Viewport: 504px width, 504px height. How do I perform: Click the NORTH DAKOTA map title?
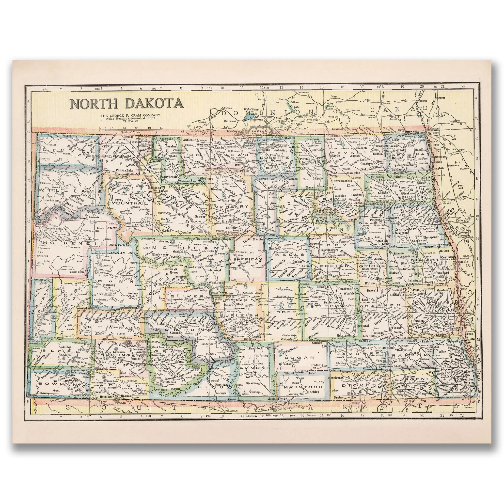tap(126, 104)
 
